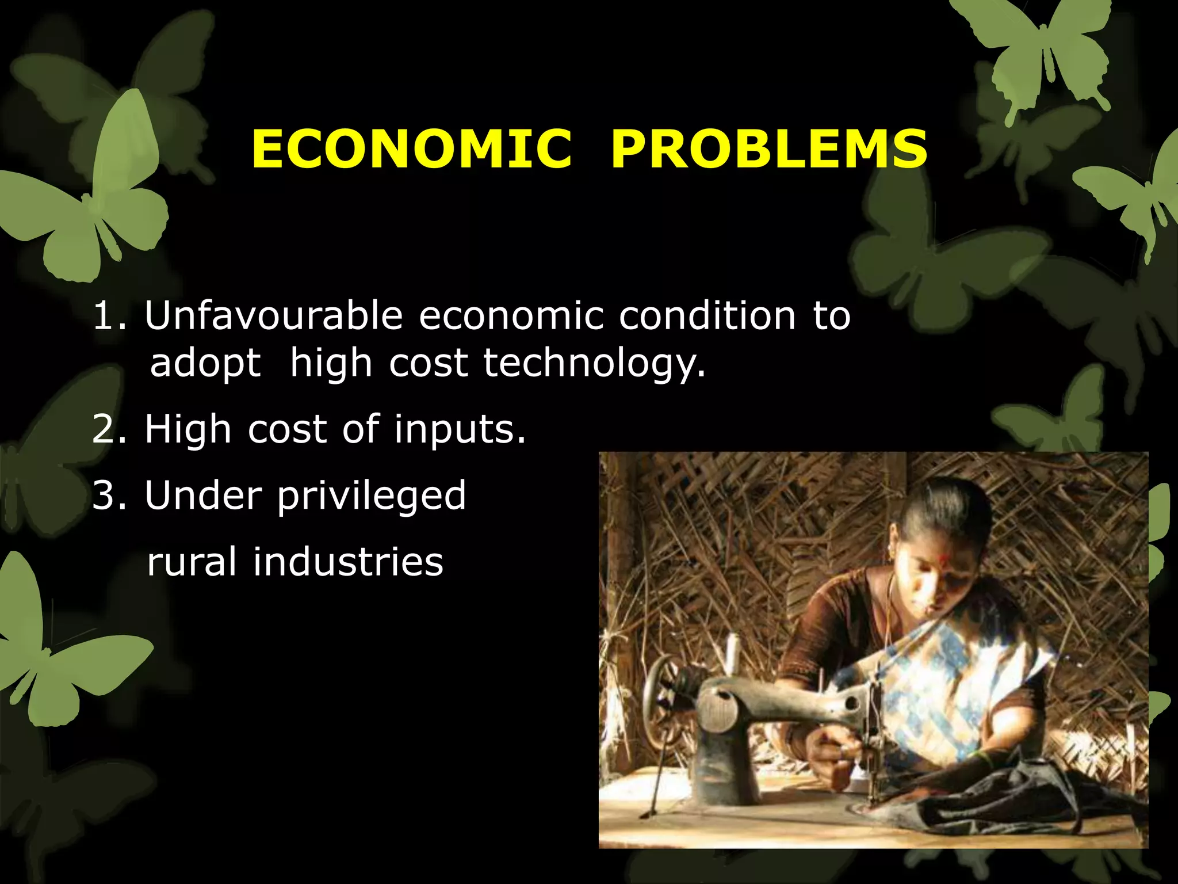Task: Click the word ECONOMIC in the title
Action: [412, 150]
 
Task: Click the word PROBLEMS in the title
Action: [769, 150]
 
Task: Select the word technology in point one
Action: [594, 364]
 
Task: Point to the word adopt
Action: [205, 364]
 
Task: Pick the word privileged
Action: [372, 496]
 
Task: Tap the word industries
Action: [348, 562]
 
